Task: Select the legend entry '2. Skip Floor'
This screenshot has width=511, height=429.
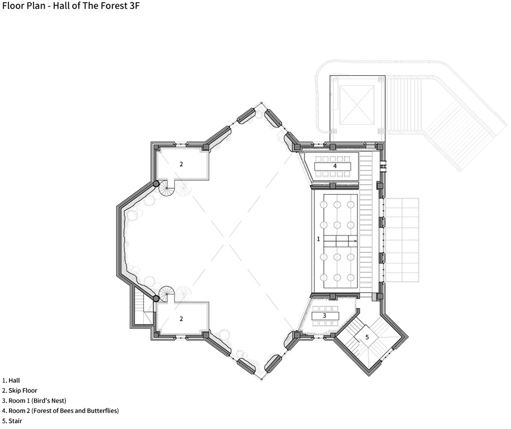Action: coord(20,391)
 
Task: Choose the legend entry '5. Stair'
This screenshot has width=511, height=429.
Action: coord(12,421)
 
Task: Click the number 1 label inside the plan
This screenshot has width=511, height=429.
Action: coord(318,239)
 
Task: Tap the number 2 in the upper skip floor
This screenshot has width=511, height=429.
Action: coord(181,164)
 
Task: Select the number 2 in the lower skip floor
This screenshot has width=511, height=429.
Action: coord(181,319)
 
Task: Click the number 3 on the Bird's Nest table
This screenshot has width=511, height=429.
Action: coord(324,316)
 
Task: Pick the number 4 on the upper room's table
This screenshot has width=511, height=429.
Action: coord(335,166)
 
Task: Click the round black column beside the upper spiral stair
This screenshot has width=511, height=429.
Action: coord(156,184)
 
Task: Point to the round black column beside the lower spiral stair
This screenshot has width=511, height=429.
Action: coord(156,298)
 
